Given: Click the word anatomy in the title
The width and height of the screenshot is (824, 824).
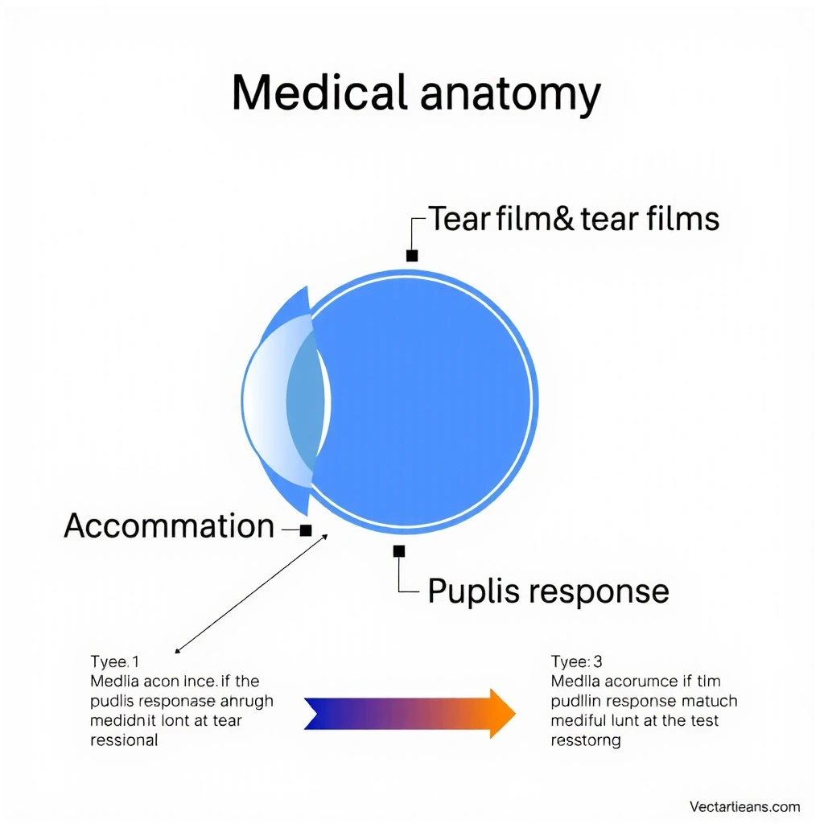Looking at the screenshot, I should [509, 95].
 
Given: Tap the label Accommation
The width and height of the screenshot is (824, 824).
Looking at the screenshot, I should [169, 526].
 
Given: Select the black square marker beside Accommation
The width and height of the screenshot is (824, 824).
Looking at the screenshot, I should [306, 530].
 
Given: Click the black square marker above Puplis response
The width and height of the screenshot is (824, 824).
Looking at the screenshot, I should [399, 551].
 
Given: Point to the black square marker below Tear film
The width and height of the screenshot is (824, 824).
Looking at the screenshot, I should [412, 256].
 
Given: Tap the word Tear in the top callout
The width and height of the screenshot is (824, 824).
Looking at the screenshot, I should [459, 219].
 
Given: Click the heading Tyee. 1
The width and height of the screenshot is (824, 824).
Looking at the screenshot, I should [114, 662].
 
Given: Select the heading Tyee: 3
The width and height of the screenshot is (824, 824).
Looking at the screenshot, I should [576, 662].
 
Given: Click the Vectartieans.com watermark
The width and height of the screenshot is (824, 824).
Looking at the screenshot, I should [744, 807].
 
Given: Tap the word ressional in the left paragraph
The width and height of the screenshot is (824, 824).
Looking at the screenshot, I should [123, 740].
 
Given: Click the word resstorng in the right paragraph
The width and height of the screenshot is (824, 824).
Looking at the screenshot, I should [586, 740].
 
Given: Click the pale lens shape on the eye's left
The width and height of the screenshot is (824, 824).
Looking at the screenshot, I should [274, 400].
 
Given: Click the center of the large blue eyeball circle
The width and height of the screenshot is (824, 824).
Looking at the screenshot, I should [422, 400].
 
